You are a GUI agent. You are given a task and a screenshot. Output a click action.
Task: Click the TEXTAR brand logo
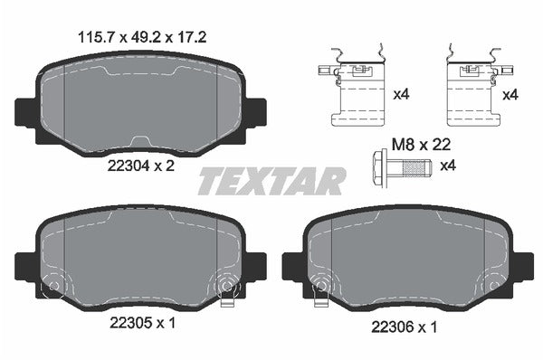tap(271, 181)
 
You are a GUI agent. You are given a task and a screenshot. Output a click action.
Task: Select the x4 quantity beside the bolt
tap(447, 166)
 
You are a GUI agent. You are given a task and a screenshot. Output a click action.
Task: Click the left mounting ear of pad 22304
tap(26, 111)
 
